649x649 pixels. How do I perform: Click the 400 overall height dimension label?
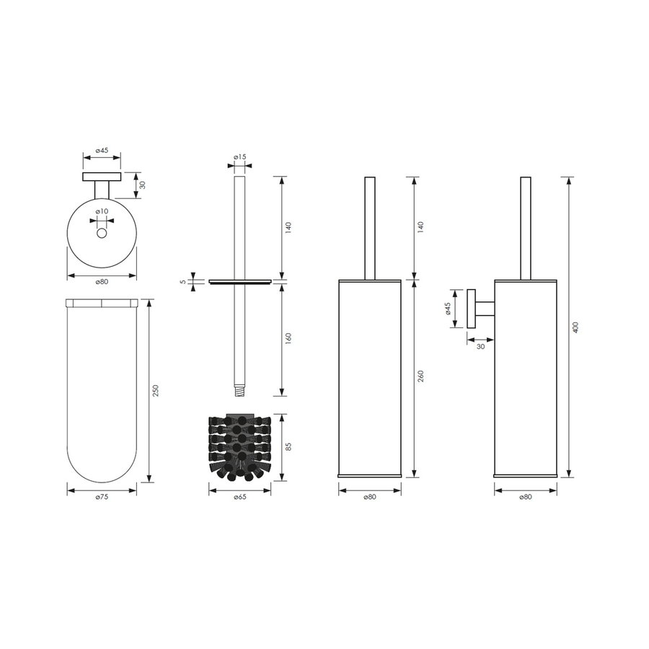click(x=575, y=327)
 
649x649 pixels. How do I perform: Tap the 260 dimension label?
click(x=420, y=377)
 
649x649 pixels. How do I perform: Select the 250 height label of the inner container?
click(x=155, y=390)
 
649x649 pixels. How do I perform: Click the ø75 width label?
click(x=101, y=498)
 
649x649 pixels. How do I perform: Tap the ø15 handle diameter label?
click(x=239, y=157)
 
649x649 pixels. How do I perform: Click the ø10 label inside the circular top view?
click(x=102, y=211)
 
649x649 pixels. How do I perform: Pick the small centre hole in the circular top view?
click(x=102, y=234)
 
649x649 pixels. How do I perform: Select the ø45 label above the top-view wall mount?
click(x=102, y=151)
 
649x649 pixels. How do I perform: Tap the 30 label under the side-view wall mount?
click(x=480, y=347)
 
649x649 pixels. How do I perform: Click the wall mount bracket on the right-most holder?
click(x=479, y=309)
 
